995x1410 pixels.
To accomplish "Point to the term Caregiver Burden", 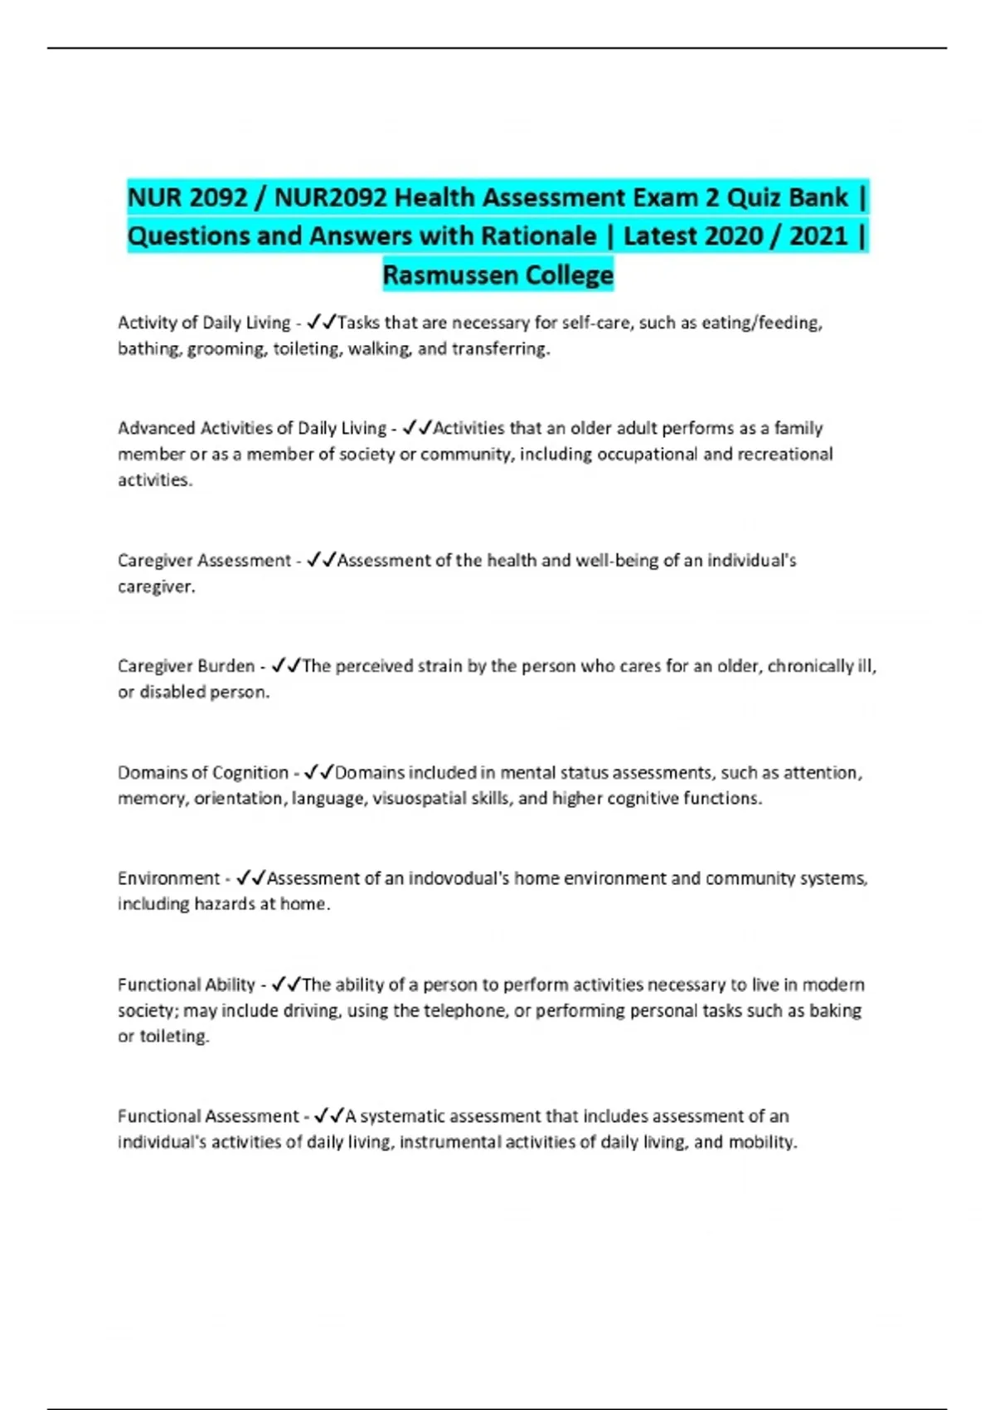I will [186, 666].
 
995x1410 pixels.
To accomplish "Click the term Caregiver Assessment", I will [204, 561].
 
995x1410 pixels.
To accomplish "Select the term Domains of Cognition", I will [202, 773].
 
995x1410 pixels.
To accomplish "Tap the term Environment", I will [168, 878].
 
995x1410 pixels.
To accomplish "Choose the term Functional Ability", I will [186, 985].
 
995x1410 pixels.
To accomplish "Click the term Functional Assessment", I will [207, 1116].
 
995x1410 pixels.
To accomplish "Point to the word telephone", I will [465, 1011].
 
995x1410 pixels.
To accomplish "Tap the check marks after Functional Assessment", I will [329, 1116].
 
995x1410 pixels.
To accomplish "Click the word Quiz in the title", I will [753, 198].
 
